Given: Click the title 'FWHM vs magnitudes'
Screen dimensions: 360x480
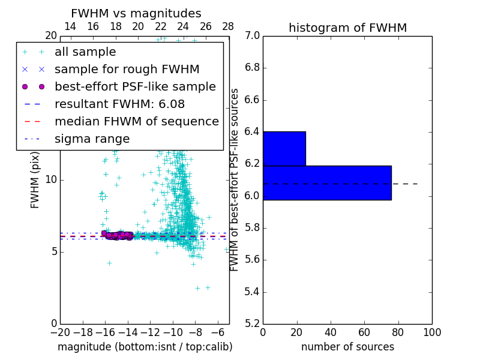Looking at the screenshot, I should click(136, 14).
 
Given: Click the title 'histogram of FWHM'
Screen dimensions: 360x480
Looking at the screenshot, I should click(347, 28).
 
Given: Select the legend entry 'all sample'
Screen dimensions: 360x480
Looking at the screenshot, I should click(85, 52).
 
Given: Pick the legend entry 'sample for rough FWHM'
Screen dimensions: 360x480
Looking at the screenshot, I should click(127, 69).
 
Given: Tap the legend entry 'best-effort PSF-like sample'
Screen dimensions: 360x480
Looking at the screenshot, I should click(135, 86).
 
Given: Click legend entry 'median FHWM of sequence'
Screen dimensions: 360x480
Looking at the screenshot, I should click(137, 121).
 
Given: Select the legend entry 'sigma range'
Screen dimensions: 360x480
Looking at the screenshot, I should click(92, 139).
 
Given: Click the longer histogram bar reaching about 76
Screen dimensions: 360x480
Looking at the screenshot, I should click(327, 182).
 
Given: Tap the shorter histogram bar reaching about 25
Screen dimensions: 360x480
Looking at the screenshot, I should click(284, 148).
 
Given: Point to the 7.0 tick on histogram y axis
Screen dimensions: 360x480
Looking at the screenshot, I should click(252, 35).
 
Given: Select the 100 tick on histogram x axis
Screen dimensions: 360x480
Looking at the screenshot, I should click(431, 332).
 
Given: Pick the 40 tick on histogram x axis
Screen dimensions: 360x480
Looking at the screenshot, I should click(331, 332).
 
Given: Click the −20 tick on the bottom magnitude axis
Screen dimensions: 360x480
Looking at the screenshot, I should click(60, 332).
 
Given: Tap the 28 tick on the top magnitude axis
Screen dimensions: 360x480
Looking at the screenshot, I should click(228, 26).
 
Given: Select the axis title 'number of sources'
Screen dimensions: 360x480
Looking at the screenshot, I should click(347, 347).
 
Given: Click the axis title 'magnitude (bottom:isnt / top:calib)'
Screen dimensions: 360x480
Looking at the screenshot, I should click(145, 347).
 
